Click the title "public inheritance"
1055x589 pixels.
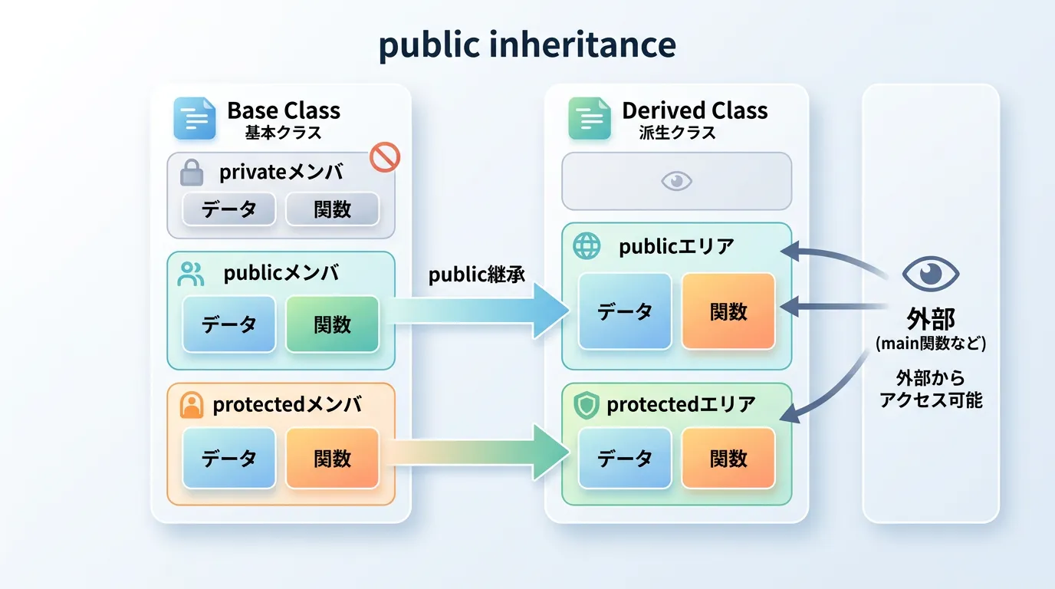click(527, 46)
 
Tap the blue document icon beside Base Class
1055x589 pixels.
click(195, 117)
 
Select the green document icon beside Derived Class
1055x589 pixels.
click(589, 117)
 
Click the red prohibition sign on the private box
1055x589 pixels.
click(385, 157)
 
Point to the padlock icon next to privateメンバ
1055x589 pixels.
click(192, 173)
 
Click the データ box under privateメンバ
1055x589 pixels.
click(228, 209)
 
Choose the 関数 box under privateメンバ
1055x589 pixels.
click(332, 209)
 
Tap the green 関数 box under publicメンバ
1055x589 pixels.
click(332, 324)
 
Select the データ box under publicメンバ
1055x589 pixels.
click(228, 324)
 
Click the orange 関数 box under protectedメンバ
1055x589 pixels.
click(332, 458)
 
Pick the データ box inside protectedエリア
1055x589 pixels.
click(624, 458)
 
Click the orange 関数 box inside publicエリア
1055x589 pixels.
click(728, 311)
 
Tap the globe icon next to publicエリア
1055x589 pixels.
click(587, 246)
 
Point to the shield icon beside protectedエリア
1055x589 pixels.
click(587, 405)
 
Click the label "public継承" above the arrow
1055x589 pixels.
click(477, 275)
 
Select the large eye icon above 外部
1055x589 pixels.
click(930, 274)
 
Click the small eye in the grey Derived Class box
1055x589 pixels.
click(676, 181)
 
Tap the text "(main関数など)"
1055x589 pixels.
click(930, 343)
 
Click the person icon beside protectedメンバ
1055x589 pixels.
click(191, 405)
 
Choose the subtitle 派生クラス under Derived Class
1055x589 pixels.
click(677, 133)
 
